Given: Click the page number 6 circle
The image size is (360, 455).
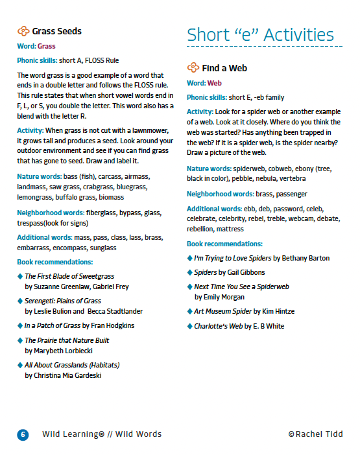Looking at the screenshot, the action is click(x=23, y=434).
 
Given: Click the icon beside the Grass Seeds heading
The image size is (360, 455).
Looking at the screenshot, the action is click(x=23, y=30).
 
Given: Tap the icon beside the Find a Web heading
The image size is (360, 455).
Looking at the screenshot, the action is click(x=193, y=67).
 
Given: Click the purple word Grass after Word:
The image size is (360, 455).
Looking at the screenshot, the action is click(x=47, y=46).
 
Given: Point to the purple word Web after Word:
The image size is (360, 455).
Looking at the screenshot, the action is click(x=215, y=83).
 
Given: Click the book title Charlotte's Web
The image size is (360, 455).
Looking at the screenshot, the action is click(x=218, y=326).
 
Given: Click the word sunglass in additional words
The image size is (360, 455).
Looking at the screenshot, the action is click(x=103, y=247).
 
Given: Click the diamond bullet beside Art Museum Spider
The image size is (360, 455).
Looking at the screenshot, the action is click(x=189, y=310).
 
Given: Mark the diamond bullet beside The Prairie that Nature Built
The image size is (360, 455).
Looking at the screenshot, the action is click(x=19, y=340).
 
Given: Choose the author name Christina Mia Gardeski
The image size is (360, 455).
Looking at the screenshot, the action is click(x=64, y=375).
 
